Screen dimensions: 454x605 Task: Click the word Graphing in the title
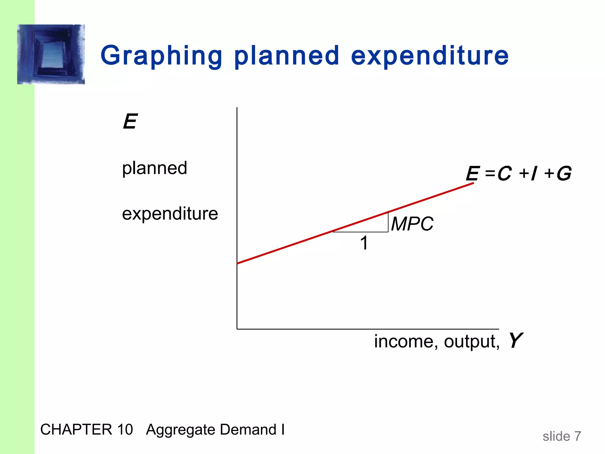[161, 56]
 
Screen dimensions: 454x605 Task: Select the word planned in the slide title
[287, 56]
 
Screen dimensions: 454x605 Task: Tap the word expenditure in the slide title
[430, 56]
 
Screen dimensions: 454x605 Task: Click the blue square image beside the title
[51, 54]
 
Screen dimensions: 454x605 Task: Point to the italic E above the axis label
[130, 121]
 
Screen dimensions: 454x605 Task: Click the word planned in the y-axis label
[154, 168]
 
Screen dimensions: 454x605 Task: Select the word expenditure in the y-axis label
[170, 213]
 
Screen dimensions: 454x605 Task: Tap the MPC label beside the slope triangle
[412, 224]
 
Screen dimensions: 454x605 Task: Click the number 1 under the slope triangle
[364, 243]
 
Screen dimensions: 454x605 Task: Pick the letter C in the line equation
[504, 174]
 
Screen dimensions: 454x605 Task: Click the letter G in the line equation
[564, 174]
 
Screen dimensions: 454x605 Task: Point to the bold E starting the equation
[472, 174]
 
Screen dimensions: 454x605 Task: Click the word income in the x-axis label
[404, 341]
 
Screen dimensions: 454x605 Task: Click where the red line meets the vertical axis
[238, 263]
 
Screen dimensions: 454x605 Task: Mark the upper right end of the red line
[473, 184]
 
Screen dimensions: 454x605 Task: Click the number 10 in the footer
[125, 429]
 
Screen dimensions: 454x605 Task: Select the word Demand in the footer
[248, 429]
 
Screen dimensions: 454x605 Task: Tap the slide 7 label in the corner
[562, 436]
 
